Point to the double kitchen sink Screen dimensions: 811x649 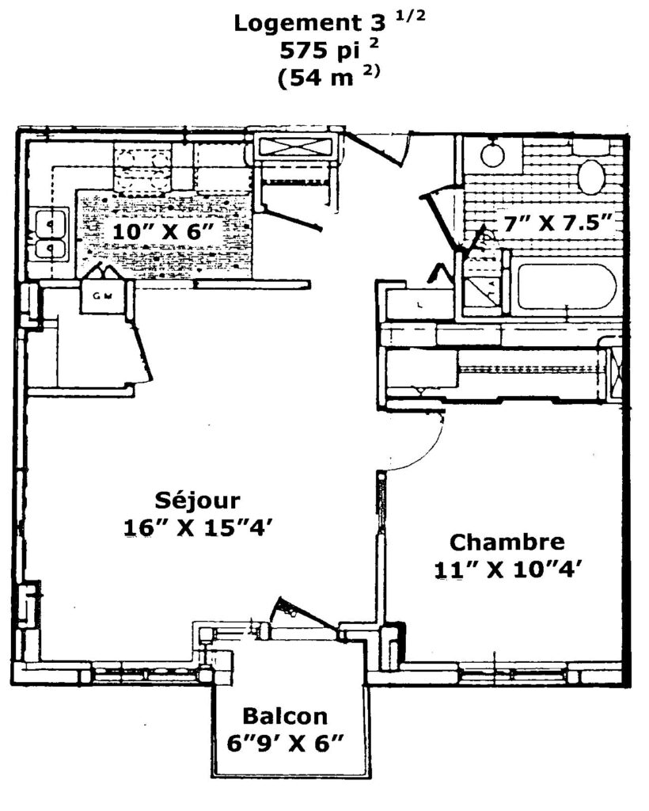pyautogui.click(x=52, y=235)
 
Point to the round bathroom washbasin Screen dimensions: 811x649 pyautogui.click(x=493, y=153)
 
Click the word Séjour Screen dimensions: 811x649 pyautogui.click(x=198, y=501)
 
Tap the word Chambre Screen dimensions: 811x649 pyautogui.click(x=507, y=543)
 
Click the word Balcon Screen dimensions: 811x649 pyautogui.click(x=285, y=717)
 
